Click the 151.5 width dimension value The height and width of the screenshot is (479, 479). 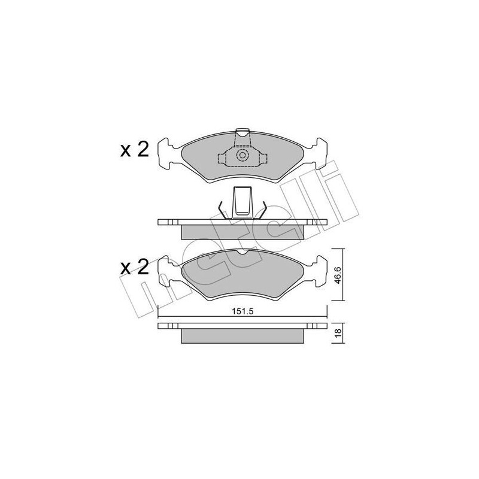[x=243, y=311]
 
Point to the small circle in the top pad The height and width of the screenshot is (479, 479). [x=242, y=156]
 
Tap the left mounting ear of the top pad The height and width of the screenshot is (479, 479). [x=168, y=154]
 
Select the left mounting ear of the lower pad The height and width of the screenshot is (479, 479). [x=168, y=273]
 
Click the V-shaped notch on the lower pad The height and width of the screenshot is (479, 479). [x=242, y=253]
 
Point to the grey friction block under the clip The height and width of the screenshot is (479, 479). [x=242, y=230]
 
